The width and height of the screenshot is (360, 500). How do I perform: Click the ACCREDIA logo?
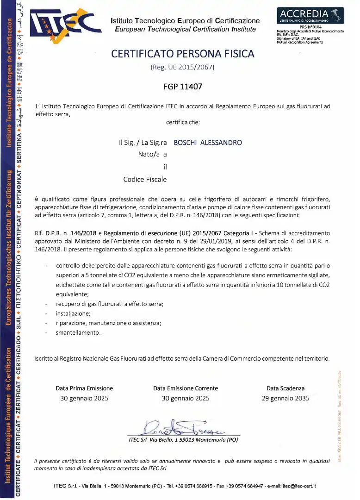(310, 15)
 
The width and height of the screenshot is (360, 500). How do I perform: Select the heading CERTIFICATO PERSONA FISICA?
(183, 54)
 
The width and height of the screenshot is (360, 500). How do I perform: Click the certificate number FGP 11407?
(183, 86)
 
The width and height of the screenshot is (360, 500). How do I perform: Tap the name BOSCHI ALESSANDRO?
(208, 143)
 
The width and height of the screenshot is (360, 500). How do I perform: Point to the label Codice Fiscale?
(145, 179)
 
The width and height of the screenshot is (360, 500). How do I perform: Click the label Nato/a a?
(152, 154)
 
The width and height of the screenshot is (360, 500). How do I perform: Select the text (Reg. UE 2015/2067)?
(183, 68)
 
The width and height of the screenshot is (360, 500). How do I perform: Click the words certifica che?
(183, 122)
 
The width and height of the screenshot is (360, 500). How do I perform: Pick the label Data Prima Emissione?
(84, 388)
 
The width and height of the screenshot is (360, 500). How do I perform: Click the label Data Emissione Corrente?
(186, 388)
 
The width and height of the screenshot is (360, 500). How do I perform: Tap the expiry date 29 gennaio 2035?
(286, 398)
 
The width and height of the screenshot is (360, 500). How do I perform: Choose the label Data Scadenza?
(286, 388)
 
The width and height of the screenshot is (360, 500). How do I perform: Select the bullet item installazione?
(73, 314)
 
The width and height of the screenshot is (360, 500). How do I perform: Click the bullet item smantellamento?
(78, 332)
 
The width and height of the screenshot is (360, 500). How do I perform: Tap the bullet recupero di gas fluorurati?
(110, 304)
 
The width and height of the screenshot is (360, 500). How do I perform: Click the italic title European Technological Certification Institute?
(185, 29)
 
